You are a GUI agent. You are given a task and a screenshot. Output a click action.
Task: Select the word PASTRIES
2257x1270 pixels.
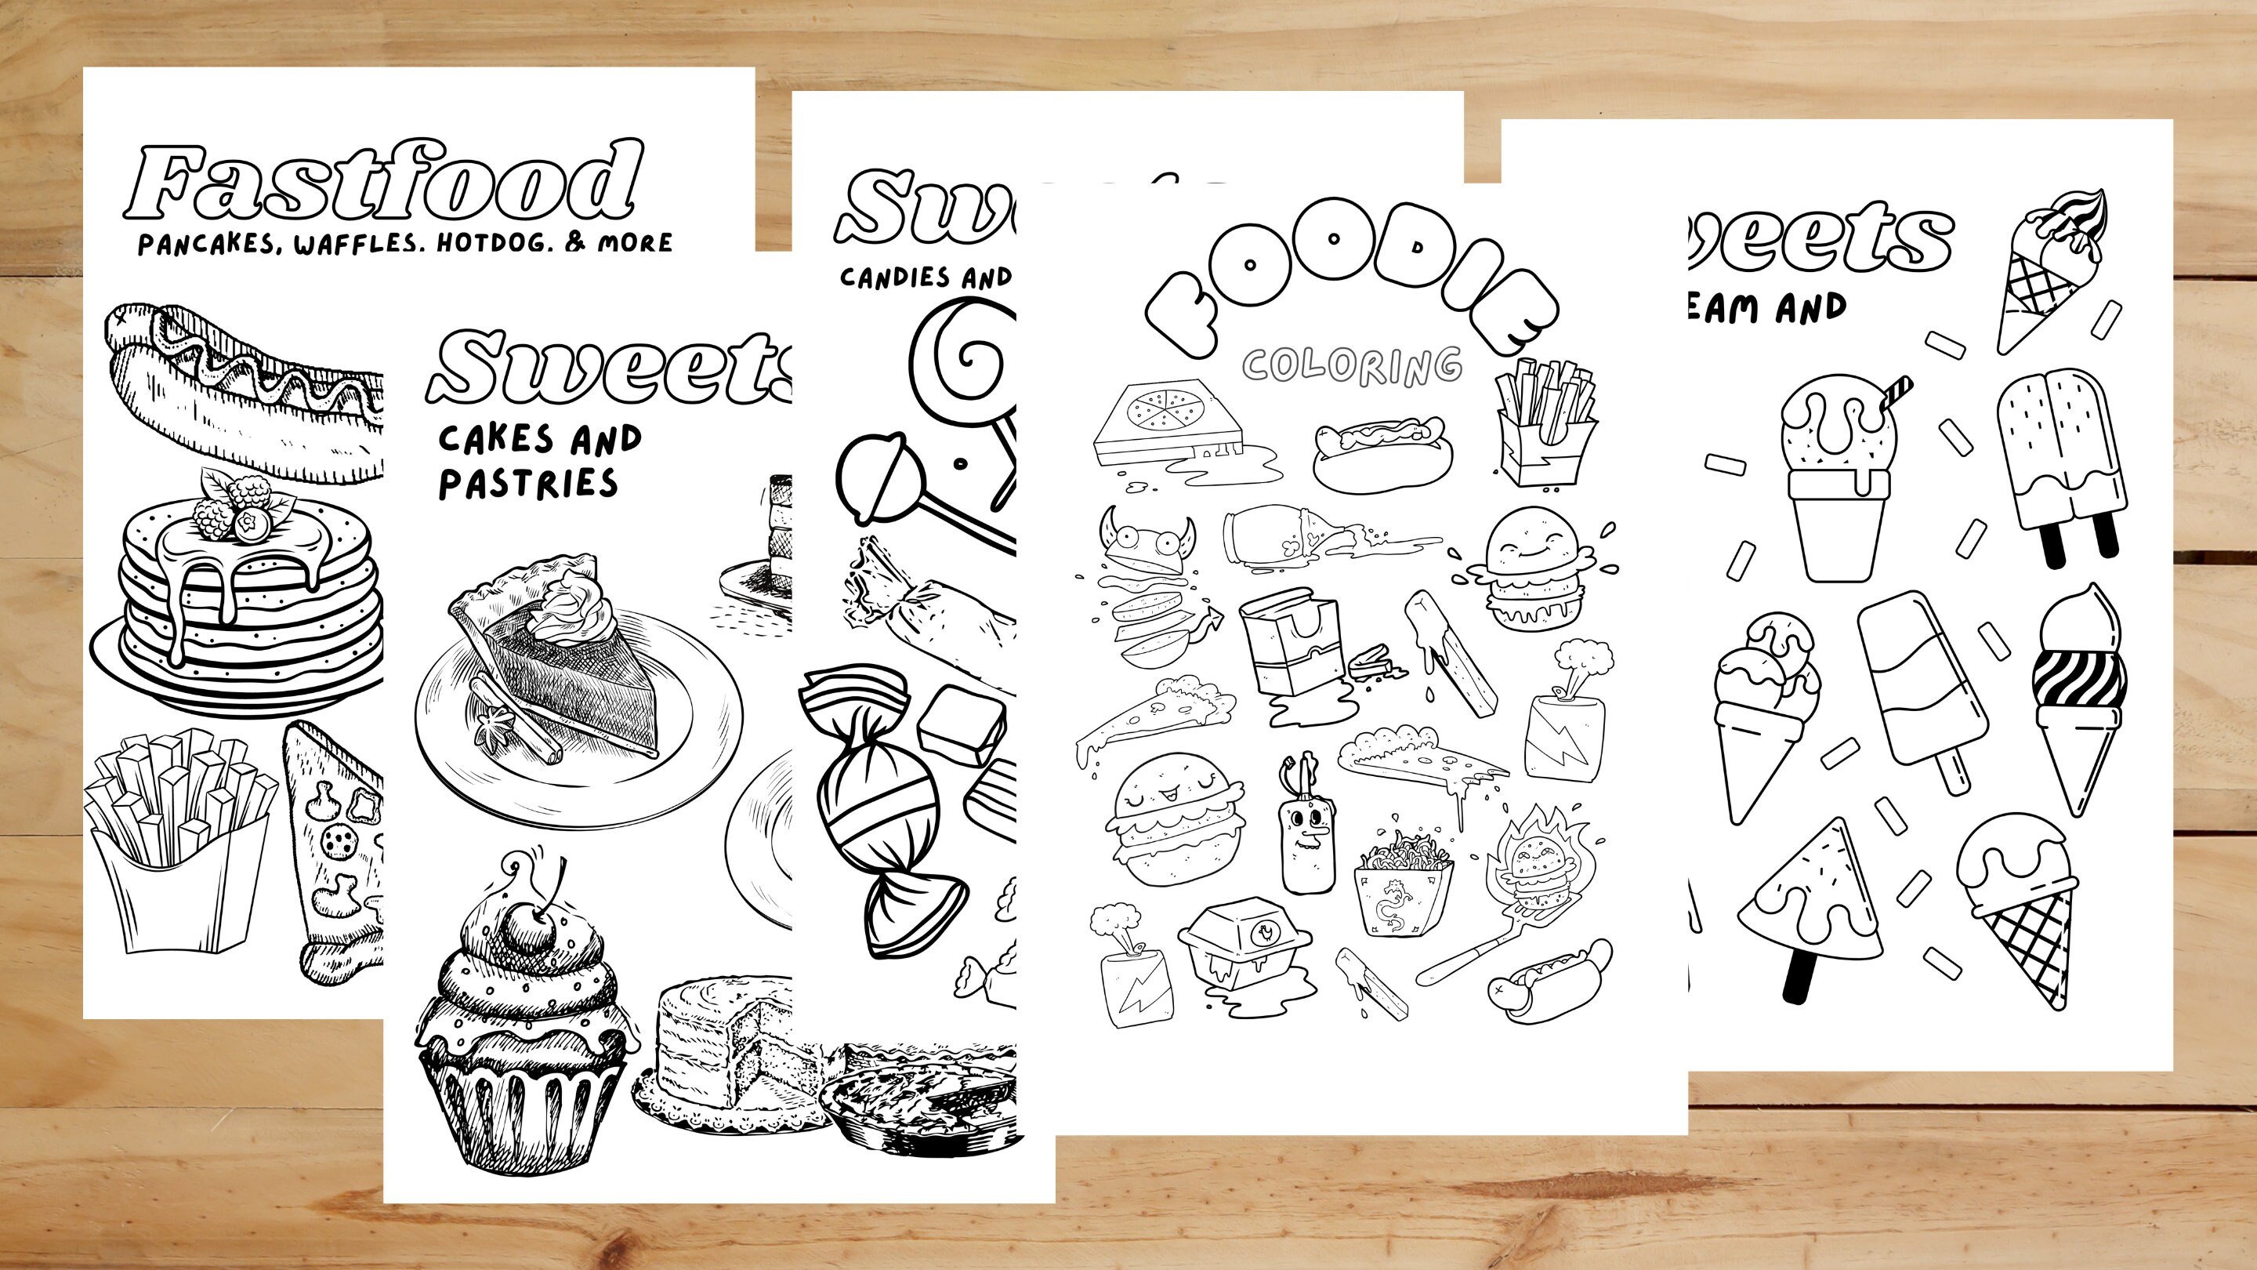pyautogui.click(x=528, y=484)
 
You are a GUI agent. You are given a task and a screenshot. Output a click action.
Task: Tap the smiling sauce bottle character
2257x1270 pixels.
pyautogui.click(x=1306, y=829)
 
